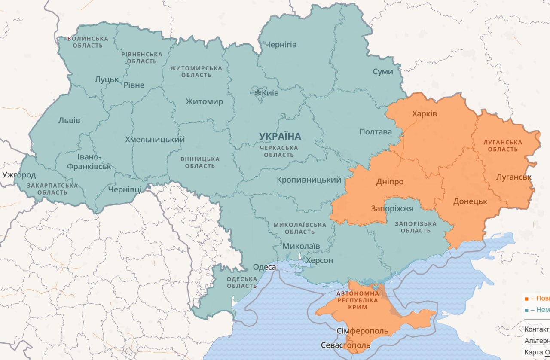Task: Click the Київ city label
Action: [x=270, y=93]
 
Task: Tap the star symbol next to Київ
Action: [x=257, y=92]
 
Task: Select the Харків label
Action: [x=424, y=114]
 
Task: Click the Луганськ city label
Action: [x=513, y=177]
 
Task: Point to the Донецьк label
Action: [x=470, y=201]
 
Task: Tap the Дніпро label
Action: [x=389, y=182]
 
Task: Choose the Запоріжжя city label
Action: [x=392, y=209]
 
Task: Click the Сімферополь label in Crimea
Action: [x=362, y=331]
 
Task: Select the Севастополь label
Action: [x=345, y=345]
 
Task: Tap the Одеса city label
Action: [x=264, y=267]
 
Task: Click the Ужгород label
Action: [x=19, y=175]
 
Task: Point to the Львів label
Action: [x=69, y=120]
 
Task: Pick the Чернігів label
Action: [x=281, y=45]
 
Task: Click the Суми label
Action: [x=382, y=72]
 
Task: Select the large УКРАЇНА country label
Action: [x=280, y=137]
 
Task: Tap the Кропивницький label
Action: [x=309, y=180]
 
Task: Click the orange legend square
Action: [x=526, y=298]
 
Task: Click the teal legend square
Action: [x=526, y=310]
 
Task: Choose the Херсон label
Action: [x=319, y=261]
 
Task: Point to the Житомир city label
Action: [x=204, y=102]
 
